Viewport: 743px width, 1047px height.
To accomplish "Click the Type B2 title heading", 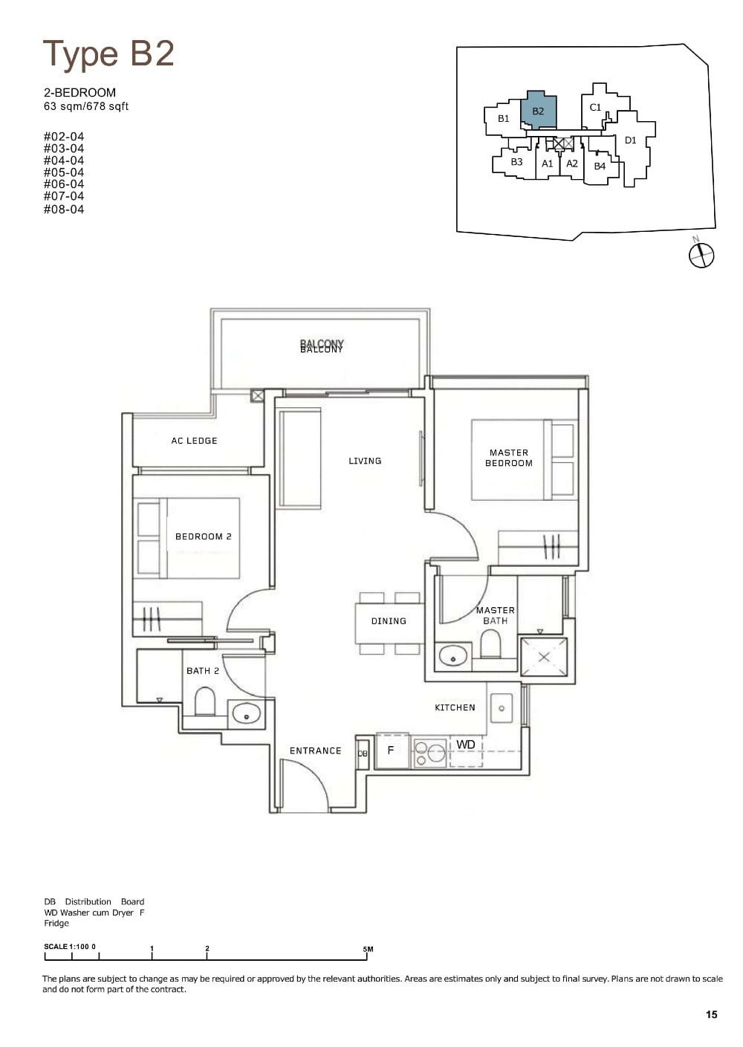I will click(x=108, y=54).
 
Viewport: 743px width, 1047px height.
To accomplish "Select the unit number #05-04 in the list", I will click(x=64, y=172).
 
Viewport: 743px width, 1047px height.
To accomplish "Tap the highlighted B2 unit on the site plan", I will click(x=539, y=111).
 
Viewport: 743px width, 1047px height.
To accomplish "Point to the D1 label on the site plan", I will click(x=630, y=140).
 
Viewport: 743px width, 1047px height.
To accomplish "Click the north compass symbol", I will click(x=701, y=255).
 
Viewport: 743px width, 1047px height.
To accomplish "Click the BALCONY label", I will click(x=322, y=346).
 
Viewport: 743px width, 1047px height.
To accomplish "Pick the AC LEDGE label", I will click(x=194, y=441).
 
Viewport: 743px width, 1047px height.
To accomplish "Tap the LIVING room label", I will click(x=365, y=461).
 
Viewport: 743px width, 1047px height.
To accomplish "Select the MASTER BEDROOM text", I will click(x=509, y=458).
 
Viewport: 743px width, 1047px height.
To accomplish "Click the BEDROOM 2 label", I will click(x=204, y=537).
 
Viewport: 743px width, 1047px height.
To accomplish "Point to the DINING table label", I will click(x=389, y=620).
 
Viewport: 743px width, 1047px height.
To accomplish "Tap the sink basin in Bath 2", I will click(x=247, y=714).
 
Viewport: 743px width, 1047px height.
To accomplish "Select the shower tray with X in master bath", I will click(x=544, y=657).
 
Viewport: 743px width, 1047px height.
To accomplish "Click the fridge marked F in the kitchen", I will click(x=391, y=751).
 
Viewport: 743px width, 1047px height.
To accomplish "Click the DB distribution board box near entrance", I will click(x=363, y=753).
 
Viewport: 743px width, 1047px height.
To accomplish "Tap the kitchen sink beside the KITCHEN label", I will click(x=502, y=708).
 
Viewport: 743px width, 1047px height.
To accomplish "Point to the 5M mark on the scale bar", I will click(x=368, y=950).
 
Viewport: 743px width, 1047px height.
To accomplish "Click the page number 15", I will click(x=712, y=1014).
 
